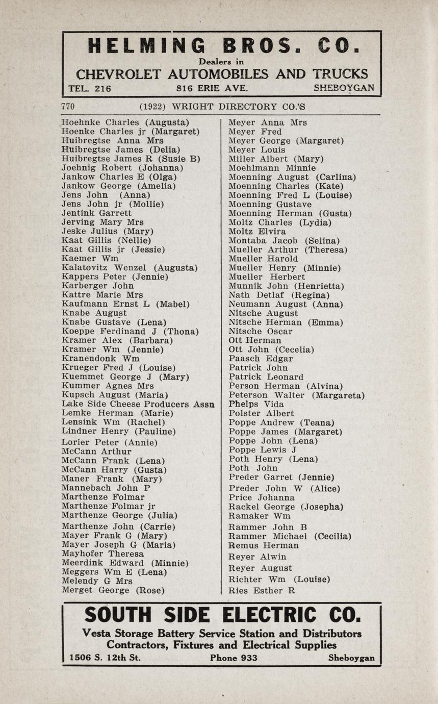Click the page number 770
tap(68, 107)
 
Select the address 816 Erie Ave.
tap(212, 88)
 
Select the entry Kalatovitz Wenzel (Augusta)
tap(130, 267)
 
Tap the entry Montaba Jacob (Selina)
tap(284, 240)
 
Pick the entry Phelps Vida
tap(256, 404)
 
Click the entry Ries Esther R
tap(262, 591)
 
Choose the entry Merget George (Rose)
tap(113, 590)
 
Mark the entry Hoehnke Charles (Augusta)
tap(125, 122)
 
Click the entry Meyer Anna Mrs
tap(267, 122)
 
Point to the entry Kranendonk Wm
tap(97, 359)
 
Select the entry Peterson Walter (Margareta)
tap(296, 395)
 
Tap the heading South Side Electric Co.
tap(222, 615)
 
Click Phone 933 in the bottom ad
tap(234, 658)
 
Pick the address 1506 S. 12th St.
tap(105, 658)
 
